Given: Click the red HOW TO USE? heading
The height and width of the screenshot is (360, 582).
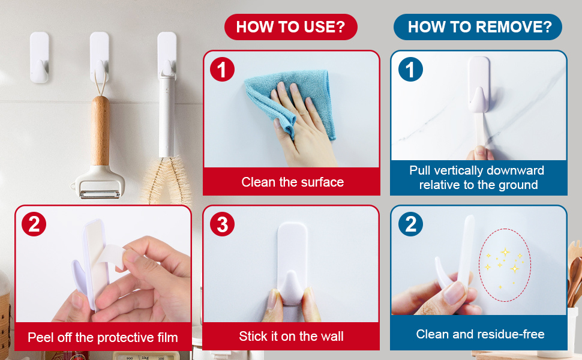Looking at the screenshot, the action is click(290, 27).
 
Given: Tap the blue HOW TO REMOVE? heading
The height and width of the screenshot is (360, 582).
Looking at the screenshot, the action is click(478, 27).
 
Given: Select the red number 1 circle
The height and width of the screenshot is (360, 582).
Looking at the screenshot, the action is click(222, 70).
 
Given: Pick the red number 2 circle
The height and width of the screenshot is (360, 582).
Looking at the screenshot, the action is click(34, 224).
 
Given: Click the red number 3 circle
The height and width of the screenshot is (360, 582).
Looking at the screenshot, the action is click(222, 224).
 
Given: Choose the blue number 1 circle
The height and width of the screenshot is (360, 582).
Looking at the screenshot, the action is click(410, 70).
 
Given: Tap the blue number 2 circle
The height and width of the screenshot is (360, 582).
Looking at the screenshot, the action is click(410, 224).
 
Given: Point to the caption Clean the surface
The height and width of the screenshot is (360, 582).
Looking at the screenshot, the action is click(292, 182).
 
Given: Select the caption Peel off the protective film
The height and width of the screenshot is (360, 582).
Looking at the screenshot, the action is click(103, 337).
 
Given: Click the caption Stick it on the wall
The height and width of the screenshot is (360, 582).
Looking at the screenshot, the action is click(292, 336).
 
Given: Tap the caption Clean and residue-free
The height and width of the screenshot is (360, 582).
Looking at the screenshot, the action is click(480, 334).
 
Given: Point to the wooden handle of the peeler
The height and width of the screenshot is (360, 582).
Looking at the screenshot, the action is click(100, 130).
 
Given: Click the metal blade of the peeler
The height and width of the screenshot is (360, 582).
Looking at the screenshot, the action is click(100, 194).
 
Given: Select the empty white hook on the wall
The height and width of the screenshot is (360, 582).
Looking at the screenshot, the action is click(40, 57).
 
